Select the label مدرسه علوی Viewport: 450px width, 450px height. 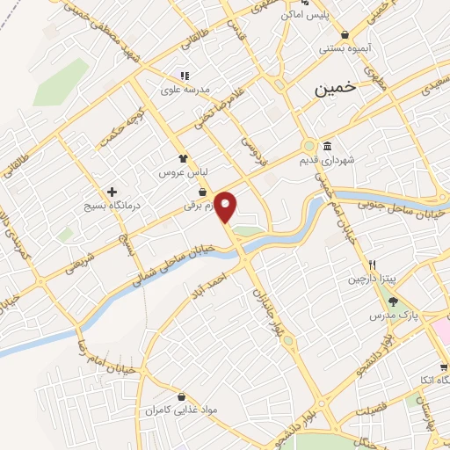[183, 89]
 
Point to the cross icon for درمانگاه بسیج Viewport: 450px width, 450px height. [112, 192]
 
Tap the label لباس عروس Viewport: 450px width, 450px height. [181, 173]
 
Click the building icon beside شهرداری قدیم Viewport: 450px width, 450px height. [327, 146]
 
